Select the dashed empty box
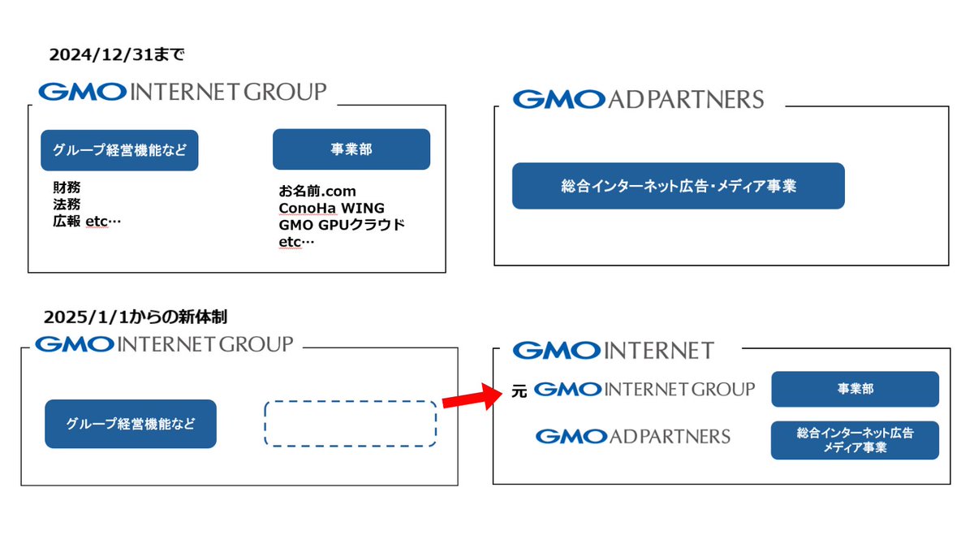point(350,423)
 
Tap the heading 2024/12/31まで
point(118,54)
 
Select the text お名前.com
point(317,192)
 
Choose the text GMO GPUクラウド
point(341,225)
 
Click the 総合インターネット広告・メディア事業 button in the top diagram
point(678,186)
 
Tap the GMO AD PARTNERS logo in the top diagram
point(638,100)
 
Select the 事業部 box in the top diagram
point(351,149)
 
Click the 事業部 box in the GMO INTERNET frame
point(855,389)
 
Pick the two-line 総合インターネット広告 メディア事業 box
point(855,440)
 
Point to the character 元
point(519,391)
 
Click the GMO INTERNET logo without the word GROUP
point(614,351)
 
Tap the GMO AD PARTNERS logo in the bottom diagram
point(632,437)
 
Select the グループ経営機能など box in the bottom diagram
point(131,424)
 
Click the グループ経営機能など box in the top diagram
point(119,150)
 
